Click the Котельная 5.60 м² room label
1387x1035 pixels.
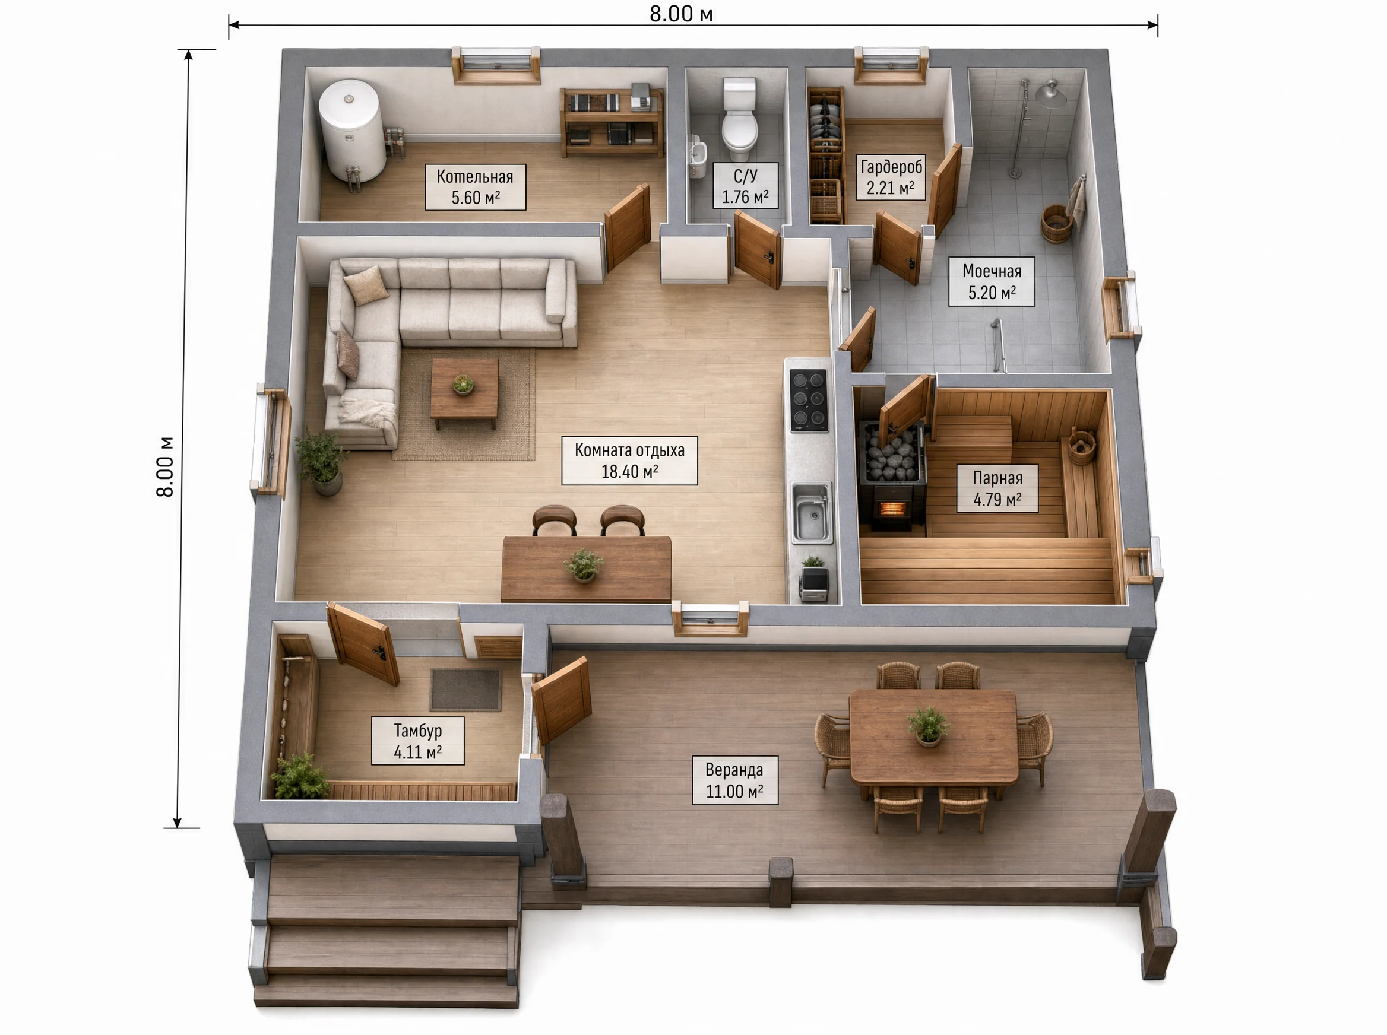(x=475, y=187)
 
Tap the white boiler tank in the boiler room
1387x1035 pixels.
(x=351, y=131)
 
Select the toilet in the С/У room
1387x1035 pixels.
(x=740, y=118)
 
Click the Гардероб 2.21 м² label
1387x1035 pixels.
(x=891, y=177)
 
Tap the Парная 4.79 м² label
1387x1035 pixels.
(x=996, y=488)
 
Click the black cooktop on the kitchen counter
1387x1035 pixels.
(x=809, y=401)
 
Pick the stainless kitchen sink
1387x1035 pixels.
(x=812, y=512)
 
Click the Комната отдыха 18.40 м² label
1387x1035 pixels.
(x=629, y=461)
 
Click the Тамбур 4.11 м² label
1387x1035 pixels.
(x=417, y=741)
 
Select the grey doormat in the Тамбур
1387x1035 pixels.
(x=465, y=689)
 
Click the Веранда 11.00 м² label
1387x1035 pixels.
(x=734, y=780)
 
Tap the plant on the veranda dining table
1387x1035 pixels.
(x=928, y=725)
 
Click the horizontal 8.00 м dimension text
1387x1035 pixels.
(x=680, y=14)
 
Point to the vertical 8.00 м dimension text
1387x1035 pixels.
(x=165, y=466)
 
